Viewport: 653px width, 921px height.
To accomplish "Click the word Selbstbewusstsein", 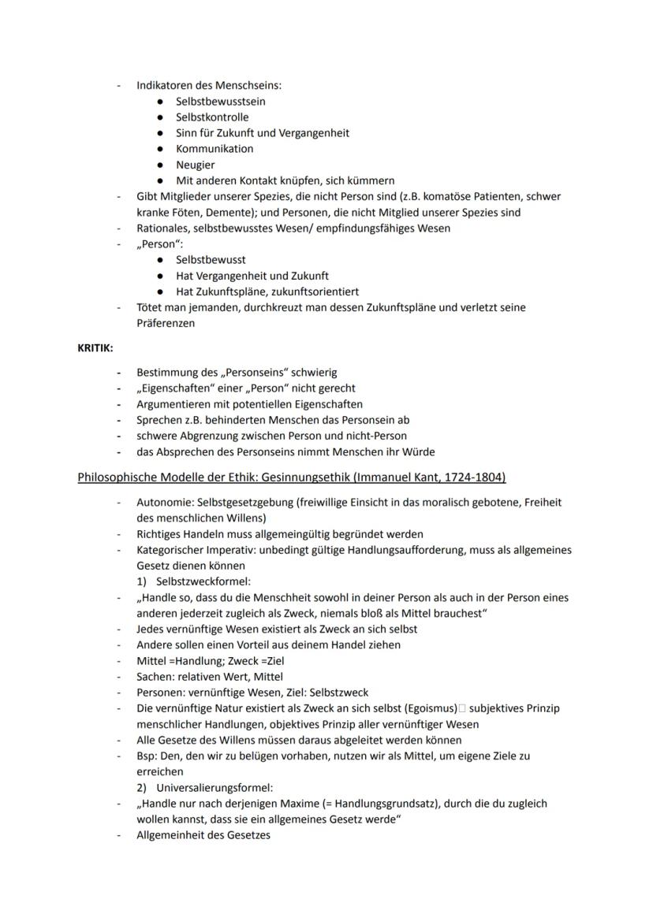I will [220, 101].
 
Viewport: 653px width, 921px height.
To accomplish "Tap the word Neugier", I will [195, 165].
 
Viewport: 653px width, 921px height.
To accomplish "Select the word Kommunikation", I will [215, 149].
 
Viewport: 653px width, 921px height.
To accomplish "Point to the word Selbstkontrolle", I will [211, 117].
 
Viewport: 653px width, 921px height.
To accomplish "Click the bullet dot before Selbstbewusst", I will [161, 260].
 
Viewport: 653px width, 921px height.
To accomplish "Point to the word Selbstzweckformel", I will [203, 581].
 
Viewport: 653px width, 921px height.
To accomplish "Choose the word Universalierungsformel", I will [215, 788].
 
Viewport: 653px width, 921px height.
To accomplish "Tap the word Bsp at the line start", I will [146, 756].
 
